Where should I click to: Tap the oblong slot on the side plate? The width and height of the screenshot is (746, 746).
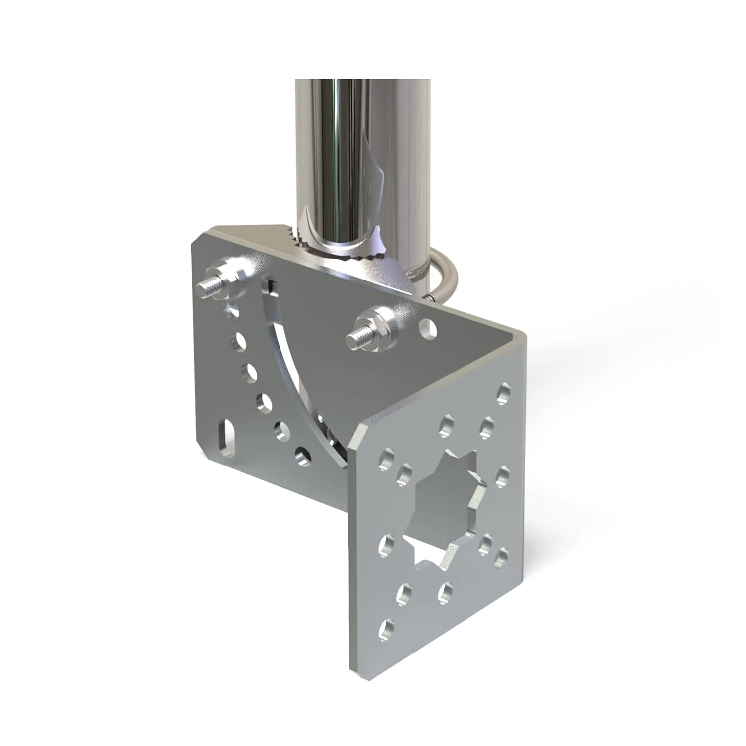227,435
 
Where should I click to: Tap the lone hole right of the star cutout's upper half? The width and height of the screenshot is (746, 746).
502,472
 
